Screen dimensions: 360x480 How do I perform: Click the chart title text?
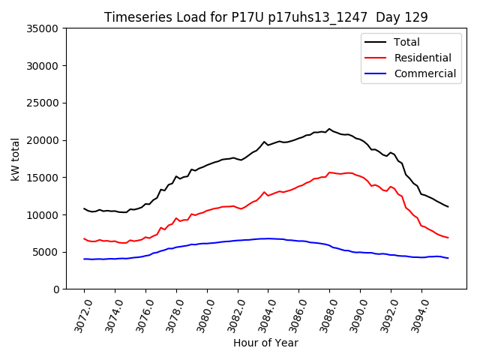click(x=266, y=17)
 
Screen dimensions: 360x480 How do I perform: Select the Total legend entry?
click(x=406, y=42)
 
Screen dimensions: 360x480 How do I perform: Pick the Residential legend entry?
click(x=422, y=58)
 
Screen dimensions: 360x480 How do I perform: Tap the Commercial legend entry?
click(x=424, y=73)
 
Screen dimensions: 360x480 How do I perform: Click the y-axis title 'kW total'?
click(x=15, y=159)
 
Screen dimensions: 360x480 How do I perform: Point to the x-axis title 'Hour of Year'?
click(x=266, y=343)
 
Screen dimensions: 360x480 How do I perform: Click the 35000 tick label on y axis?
click(x=43, y=28)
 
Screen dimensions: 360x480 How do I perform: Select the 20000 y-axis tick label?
click(x=43, y=140)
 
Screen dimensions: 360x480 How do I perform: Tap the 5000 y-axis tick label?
click(x=46, y=252)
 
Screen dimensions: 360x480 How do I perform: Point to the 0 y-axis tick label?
click(x=55, y=289)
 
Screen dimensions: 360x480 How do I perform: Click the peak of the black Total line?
click(x=329, y=129)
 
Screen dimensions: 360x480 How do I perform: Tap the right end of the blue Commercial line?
click(x=448, y=258)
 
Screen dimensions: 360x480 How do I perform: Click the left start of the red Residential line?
click(x=84, y=238)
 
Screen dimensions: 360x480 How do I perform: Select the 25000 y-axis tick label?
click(x=43, y=103)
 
